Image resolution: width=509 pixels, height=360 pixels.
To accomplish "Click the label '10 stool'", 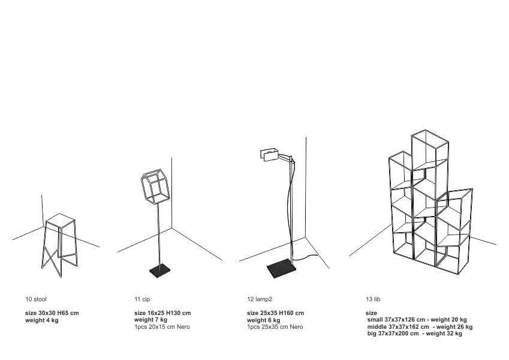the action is (x=36, y=299).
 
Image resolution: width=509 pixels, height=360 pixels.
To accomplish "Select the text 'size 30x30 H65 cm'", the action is (x=52, y=313).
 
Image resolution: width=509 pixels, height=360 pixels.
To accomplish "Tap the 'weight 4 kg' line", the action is (x=42, y=320).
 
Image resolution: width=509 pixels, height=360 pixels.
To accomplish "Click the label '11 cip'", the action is (x=142, y=299).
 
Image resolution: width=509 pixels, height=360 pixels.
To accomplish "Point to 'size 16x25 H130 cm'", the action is (x=162, y=313).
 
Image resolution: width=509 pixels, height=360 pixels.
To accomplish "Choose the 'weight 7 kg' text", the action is (x=151, y=320).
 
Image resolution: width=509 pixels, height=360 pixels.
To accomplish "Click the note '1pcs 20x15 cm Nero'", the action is (x=162, y=327).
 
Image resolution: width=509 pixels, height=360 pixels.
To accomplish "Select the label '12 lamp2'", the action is (x=260, y=299).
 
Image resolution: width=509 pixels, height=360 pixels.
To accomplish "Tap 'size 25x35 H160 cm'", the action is (x=276, y=313).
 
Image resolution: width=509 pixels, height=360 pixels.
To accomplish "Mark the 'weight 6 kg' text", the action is (x=264, y=320).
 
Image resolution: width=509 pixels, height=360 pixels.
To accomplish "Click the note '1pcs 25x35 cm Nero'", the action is (x=275, y=327).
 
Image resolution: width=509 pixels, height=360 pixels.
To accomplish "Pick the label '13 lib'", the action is (x=373, y=299).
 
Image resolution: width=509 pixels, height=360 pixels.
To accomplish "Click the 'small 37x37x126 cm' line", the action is (x=396, y=320).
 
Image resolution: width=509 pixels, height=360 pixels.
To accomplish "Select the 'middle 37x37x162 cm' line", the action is (x=398, y=327).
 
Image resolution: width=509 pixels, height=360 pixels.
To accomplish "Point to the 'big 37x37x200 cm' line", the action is (x=393, y=334).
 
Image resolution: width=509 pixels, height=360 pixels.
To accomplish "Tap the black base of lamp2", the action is (x=281, y=268).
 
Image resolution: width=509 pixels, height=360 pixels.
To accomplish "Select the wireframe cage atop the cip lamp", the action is (x=155, y=187).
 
